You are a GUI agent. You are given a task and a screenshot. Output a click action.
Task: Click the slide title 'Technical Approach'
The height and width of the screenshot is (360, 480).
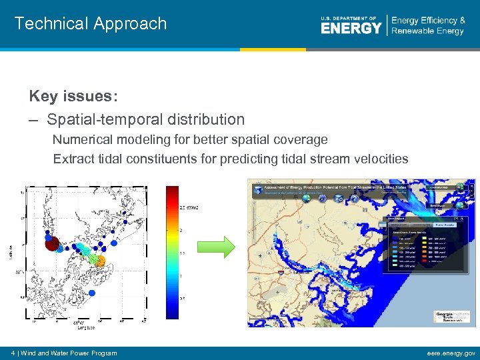click(x=91, y=24)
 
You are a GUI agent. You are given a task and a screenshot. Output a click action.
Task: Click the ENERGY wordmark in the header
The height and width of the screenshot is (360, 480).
click(x=351, y=28)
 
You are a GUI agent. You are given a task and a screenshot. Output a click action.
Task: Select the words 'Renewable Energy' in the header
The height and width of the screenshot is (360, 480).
click(x=427, y=31)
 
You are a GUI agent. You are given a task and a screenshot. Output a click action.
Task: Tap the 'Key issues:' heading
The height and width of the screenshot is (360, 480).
click(x=73, y=97)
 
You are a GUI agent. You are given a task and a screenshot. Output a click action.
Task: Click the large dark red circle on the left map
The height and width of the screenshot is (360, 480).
click(x=53, y=243)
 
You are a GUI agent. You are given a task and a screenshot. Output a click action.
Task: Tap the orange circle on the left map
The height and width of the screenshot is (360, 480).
click(x=99, y=261)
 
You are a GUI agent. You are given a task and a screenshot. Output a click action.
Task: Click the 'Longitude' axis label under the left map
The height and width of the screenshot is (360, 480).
click(x=85, y=327)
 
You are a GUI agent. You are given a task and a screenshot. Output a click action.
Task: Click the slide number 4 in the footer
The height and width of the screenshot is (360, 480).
click(x=14, y=353)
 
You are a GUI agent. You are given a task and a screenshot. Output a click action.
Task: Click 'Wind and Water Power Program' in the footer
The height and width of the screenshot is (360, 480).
click(x=69, y=353)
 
